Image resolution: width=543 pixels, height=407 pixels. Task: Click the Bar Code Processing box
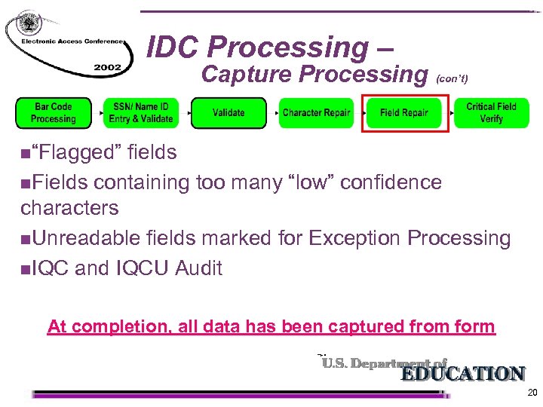click(x=53, y=113)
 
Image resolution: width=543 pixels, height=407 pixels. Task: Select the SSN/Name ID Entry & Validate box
click(x=141, y=113)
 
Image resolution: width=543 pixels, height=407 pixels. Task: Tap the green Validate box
click(x=228, y=113)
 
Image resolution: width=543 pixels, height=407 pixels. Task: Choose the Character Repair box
click(x=316, y=113)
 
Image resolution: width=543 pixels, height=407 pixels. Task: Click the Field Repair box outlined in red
click(x=404, y=113)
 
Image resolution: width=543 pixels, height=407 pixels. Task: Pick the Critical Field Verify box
click(x=491, y=113)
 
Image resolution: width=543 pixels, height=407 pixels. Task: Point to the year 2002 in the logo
click(x=108, y=67)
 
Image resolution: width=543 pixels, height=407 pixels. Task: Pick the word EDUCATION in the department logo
click(x=462, y=374)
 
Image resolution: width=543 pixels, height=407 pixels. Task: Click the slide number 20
click(x=532, y=393)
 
